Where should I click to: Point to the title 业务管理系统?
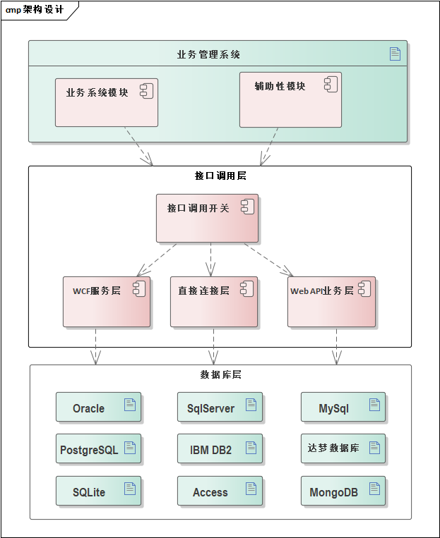(208, 54)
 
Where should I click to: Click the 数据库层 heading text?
(220, 374)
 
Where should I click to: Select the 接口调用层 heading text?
(220, 176)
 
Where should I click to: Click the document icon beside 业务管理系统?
(395, 54)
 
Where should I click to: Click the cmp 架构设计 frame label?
(35, 10)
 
